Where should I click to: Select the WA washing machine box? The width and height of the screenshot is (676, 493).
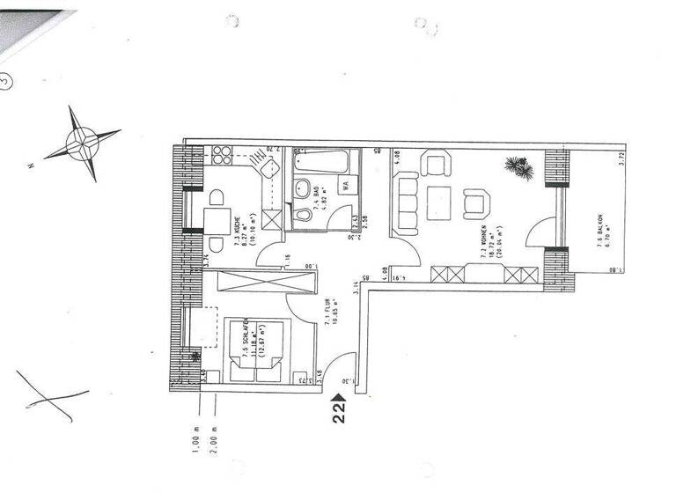point(346,186)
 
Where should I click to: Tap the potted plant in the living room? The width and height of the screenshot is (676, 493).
point(518,167)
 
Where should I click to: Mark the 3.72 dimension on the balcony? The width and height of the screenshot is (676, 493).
point(621,161)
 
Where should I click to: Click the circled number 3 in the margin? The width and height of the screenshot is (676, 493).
point(6,81)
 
